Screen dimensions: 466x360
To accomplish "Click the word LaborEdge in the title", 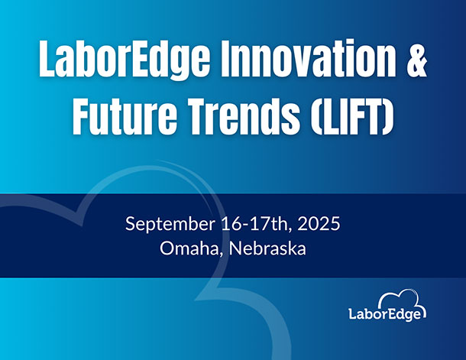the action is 124,58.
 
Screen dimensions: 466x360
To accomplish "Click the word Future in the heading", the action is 125,116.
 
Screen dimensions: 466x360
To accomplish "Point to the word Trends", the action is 245,116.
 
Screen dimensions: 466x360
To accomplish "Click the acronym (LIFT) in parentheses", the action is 353,116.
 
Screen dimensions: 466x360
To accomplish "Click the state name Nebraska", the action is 267,248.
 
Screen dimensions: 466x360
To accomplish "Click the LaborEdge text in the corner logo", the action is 385,314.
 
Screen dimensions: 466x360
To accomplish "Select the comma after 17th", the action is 290,229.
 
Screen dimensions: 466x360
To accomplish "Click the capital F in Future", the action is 82,116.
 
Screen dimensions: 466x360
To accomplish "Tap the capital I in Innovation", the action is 225,57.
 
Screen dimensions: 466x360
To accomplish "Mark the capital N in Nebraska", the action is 235,248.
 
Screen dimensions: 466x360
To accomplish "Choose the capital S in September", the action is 130,224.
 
